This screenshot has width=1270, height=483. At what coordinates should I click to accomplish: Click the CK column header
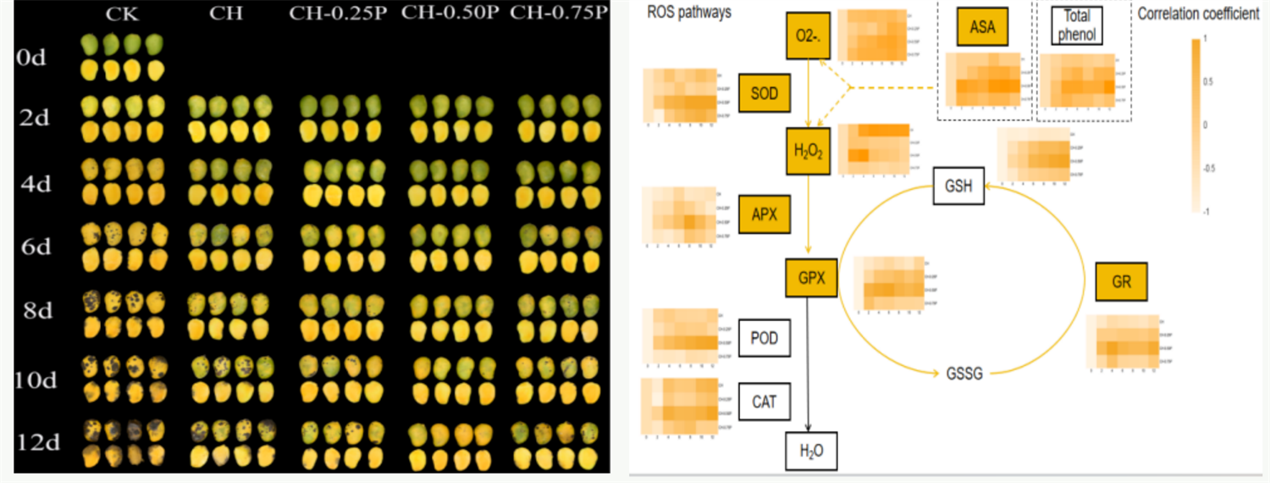pyautogui.click(x=124, y=14)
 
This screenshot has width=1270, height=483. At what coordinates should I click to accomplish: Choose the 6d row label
pyautogui.click(x=36, y=247)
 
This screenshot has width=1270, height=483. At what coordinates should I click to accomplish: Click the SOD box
pyautogui.click(x=764, y=92)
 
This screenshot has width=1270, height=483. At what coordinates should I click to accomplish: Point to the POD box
pyautogui.click(x=764, y=339)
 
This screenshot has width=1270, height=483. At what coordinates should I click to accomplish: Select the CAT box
pyautogui.click(x=764, y=402)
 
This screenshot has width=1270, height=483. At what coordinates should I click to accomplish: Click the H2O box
pyautogui.click(x=811, y=451)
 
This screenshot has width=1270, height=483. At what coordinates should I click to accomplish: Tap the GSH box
pyautogui.click(x=958, y=186)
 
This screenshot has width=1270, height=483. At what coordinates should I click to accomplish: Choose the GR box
pyautogui.click(x=1121, y=282)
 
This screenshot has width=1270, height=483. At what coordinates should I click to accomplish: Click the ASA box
pyautogui.click(x=982, y=27)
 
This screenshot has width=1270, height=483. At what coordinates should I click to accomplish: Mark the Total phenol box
pyautogui.click(x=1075, y=24)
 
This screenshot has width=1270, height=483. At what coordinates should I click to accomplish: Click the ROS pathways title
pyautogui.click(x=688, y=13)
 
